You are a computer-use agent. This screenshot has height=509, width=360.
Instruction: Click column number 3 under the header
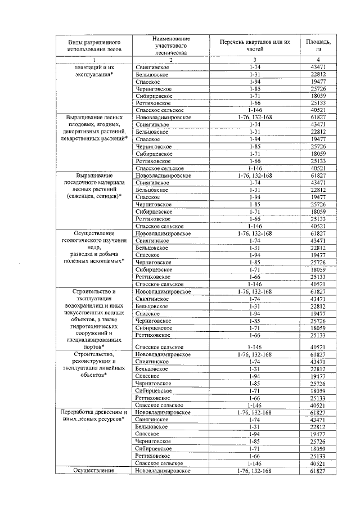click(255, 60)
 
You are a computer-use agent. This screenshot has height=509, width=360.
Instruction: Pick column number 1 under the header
click(94, 60)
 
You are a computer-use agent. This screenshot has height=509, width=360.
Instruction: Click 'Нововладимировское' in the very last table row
click(163, 470)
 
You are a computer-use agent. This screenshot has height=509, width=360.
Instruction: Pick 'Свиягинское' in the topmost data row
click(152, 67)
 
